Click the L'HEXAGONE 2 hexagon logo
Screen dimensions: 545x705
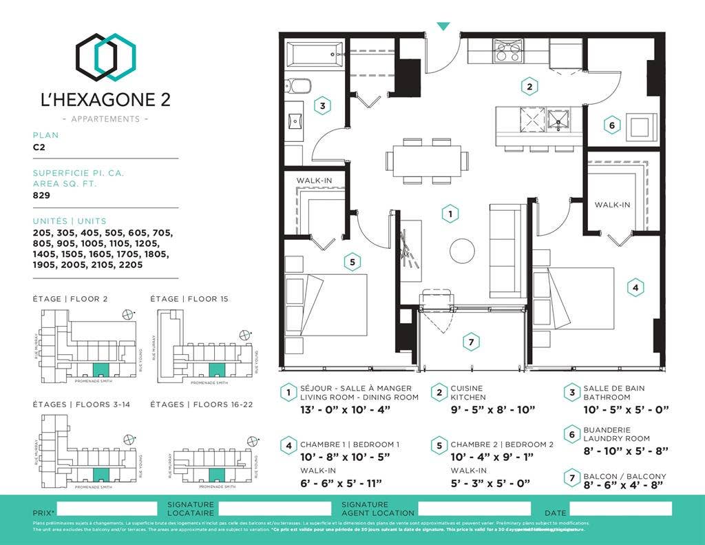coord(105,57)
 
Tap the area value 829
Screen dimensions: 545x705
coord(41,195)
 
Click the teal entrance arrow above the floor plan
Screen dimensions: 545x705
coord(443,26)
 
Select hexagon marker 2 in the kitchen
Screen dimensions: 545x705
coord(529,87)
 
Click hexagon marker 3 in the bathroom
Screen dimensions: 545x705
coord(322,106)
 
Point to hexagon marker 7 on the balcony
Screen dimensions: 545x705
coord(471,342)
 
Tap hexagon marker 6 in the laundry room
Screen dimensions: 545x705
coord(611,125)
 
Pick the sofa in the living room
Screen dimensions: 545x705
coord(507,251)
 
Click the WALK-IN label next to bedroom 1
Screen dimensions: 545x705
coord(612,205)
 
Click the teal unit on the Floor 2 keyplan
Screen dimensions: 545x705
coord(101,370)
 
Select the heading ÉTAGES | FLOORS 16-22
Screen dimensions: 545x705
coord(202,404)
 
